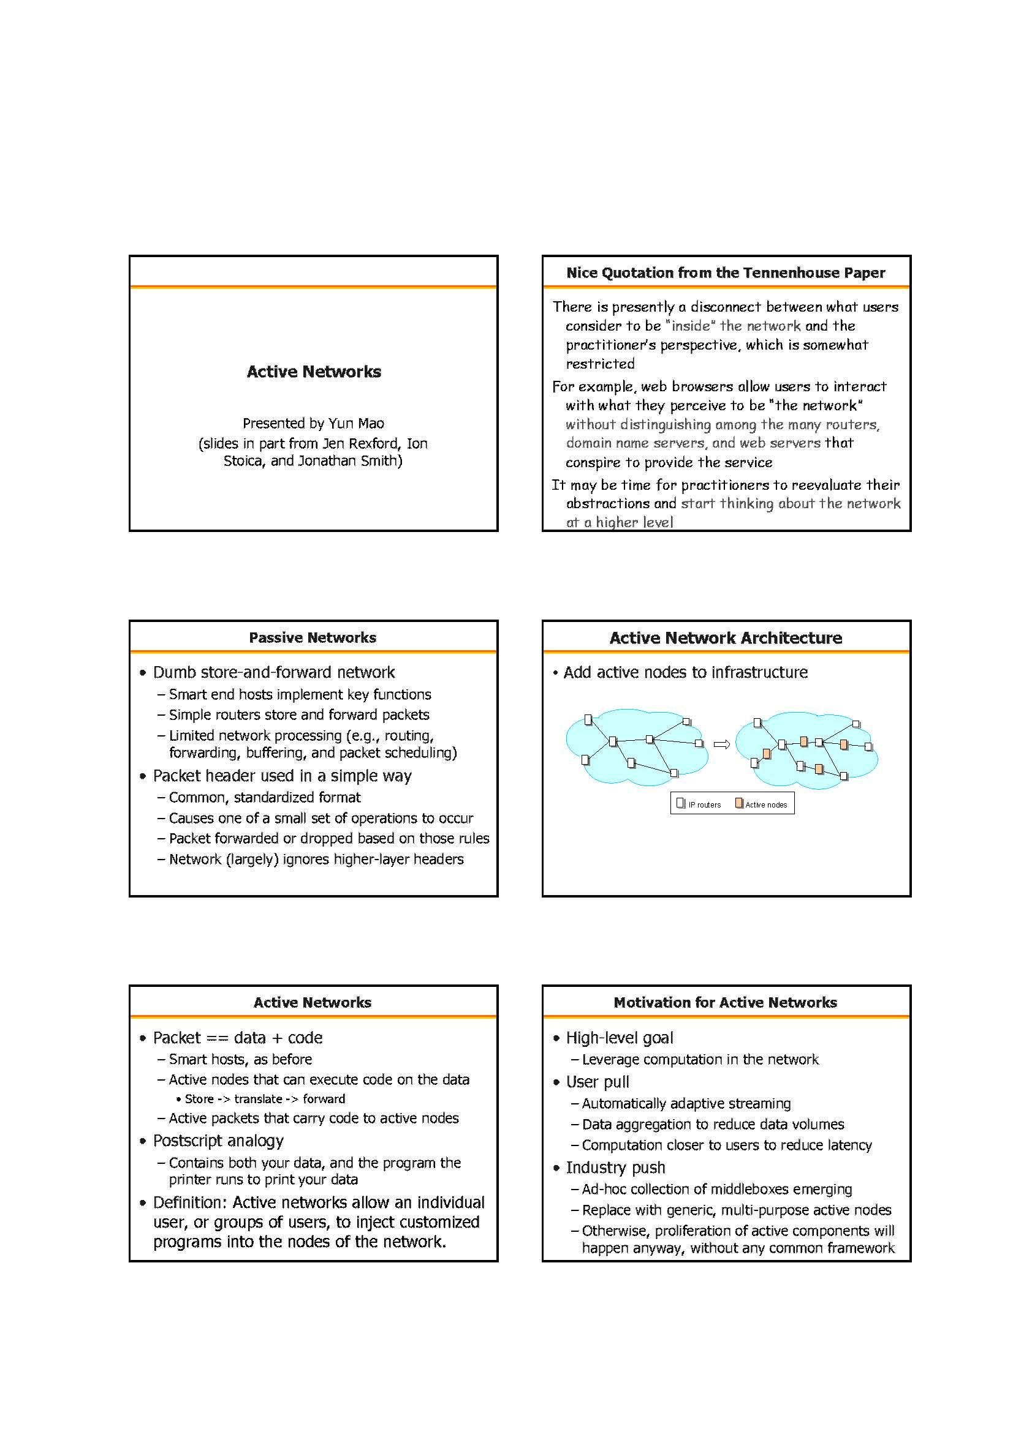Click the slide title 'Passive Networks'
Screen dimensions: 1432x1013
click(x=312, y=637)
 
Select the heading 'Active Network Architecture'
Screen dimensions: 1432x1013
click(x=725, y=637)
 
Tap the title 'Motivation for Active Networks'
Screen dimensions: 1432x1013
click(x=725, y=1002)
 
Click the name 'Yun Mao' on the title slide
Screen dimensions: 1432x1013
click(x=357, y=424)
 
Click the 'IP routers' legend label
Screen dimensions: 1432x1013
click(x=705, y=805)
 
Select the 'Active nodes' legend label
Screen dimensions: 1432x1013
click(x=766, y=805)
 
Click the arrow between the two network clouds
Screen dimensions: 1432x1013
click(x=721, y=744)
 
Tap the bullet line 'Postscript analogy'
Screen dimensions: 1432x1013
click(x=218, y=1141)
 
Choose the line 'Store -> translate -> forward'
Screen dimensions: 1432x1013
click(x=265, y=1099)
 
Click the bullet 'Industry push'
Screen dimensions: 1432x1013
click(x=615, y=1168)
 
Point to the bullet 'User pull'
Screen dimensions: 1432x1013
click(x=598, y=1082)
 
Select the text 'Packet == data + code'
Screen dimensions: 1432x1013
click(x=238, y=1038)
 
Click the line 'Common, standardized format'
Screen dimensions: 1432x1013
click(x=265, y=797)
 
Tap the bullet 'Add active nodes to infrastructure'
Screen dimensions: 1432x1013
click(x=685, y=672)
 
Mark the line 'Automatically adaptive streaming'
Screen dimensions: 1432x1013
click(x=686, y=1103)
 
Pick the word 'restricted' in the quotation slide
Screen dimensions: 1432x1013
click(x=600, y=364)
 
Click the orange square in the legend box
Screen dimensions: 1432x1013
click(x=739, y=803)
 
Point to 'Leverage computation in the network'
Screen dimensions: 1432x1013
click(x=700, y=1059)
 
